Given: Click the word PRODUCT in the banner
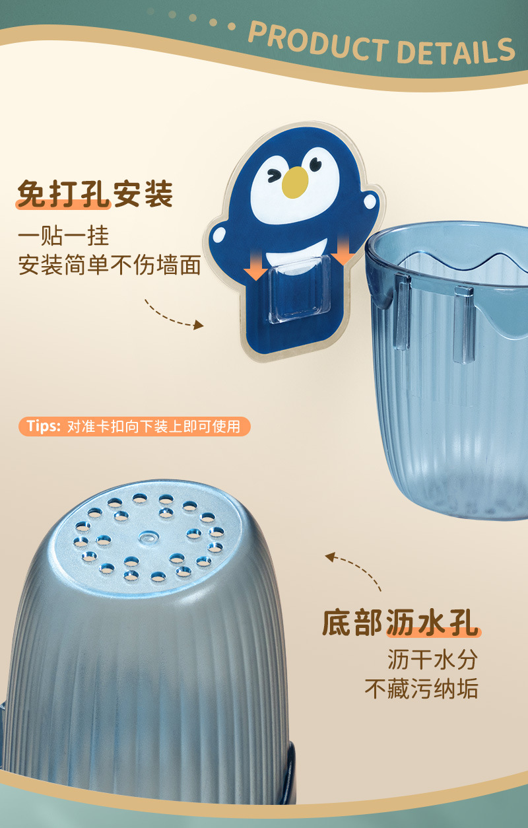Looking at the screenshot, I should [317, 41].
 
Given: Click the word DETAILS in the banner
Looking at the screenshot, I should [456, 50].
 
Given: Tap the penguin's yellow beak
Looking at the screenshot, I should [295, 182].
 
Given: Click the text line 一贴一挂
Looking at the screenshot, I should [63, 236].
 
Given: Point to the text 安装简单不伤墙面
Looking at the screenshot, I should [109, 265].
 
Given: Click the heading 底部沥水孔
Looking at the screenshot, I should [400, 623].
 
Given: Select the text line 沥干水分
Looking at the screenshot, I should [432, 659].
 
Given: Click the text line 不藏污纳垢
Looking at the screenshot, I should [421, 689].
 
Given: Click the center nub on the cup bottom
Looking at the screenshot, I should [146, 535].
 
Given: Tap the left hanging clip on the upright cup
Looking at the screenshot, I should [401, 310].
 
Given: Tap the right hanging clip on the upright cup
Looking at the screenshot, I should [464, 324].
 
